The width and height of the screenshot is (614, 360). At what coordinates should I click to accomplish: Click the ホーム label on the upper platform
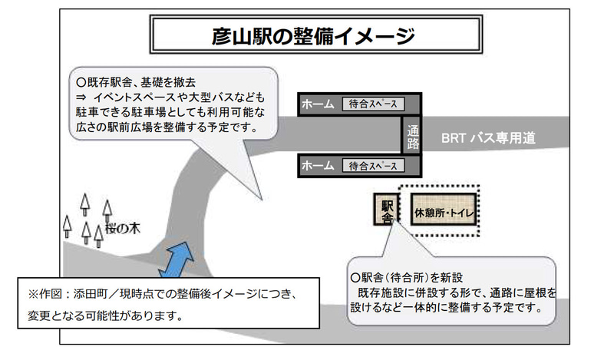point(317,104)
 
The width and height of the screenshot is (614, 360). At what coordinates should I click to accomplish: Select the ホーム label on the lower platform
point(317,165)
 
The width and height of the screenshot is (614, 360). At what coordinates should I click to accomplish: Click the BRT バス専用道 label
point(488,139)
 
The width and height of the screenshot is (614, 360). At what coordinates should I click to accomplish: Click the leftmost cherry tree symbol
point(68,226)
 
